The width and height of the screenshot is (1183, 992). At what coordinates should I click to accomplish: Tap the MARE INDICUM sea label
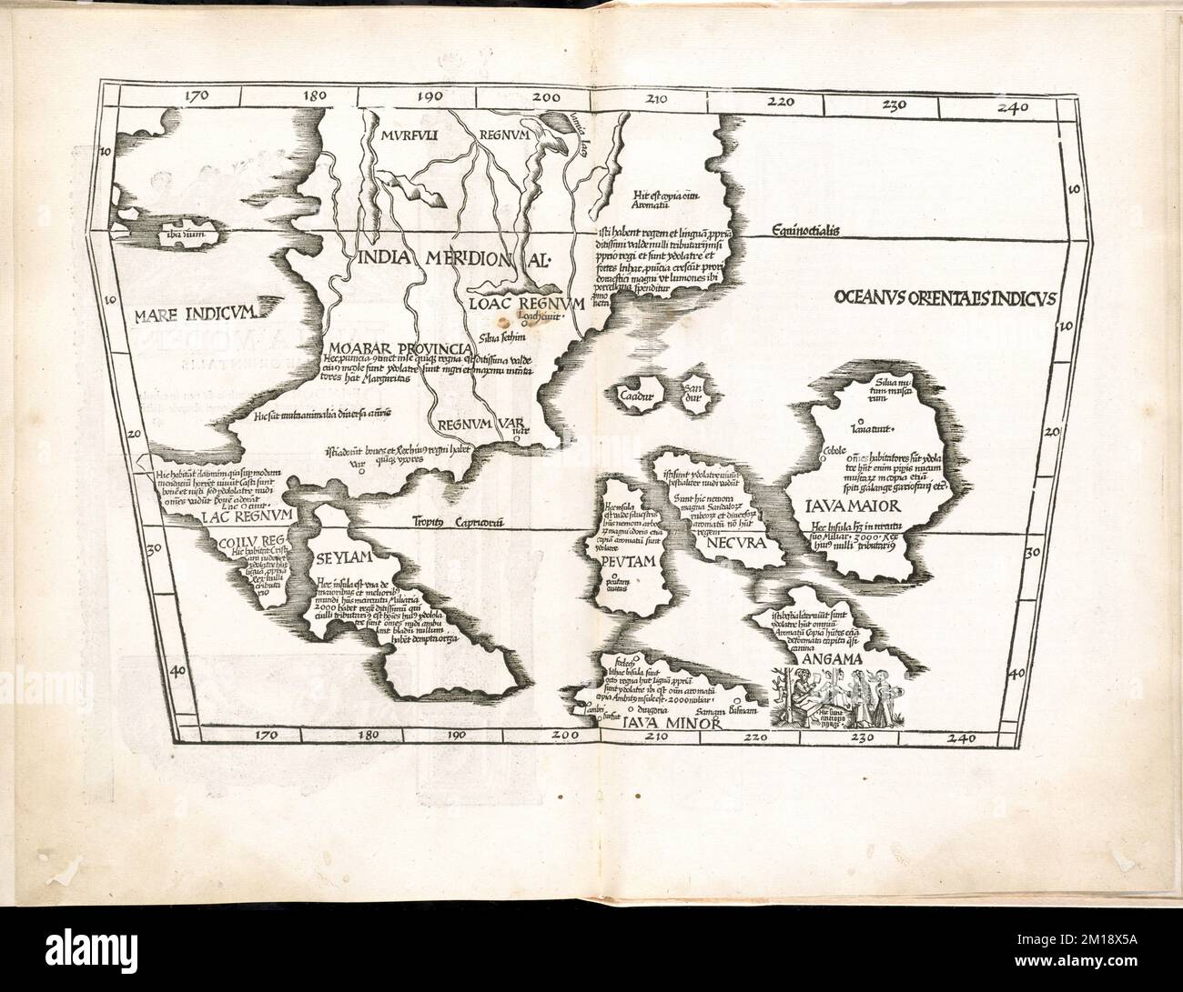click(196, 316)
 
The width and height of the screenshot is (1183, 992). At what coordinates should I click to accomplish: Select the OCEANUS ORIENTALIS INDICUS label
click(943, 297)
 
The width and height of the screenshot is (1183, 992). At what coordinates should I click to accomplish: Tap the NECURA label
click(733, 544)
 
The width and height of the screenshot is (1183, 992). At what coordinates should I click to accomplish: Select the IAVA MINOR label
click(672, 725)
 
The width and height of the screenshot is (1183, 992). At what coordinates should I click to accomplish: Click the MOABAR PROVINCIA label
click(399, 349)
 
